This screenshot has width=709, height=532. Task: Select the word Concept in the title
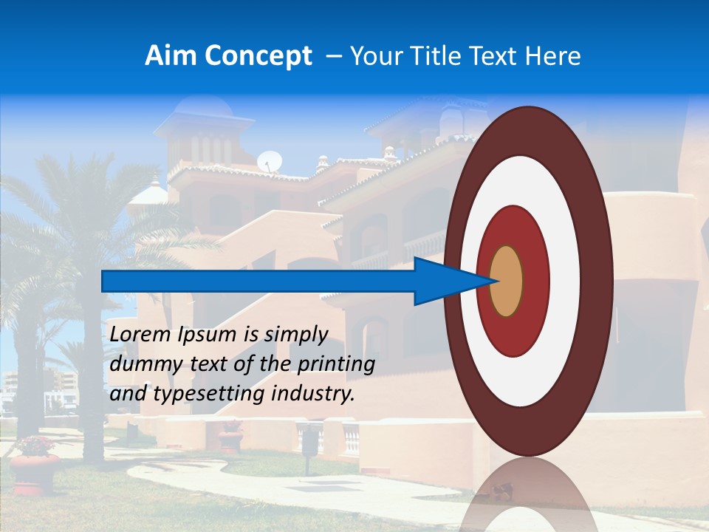[258, 56]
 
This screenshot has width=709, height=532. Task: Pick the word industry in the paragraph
[314, 394]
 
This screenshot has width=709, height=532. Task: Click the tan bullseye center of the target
[507, 281]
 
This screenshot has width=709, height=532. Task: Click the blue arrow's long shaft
[258, 281]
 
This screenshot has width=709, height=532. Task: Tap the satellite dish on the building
[270, 161]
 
